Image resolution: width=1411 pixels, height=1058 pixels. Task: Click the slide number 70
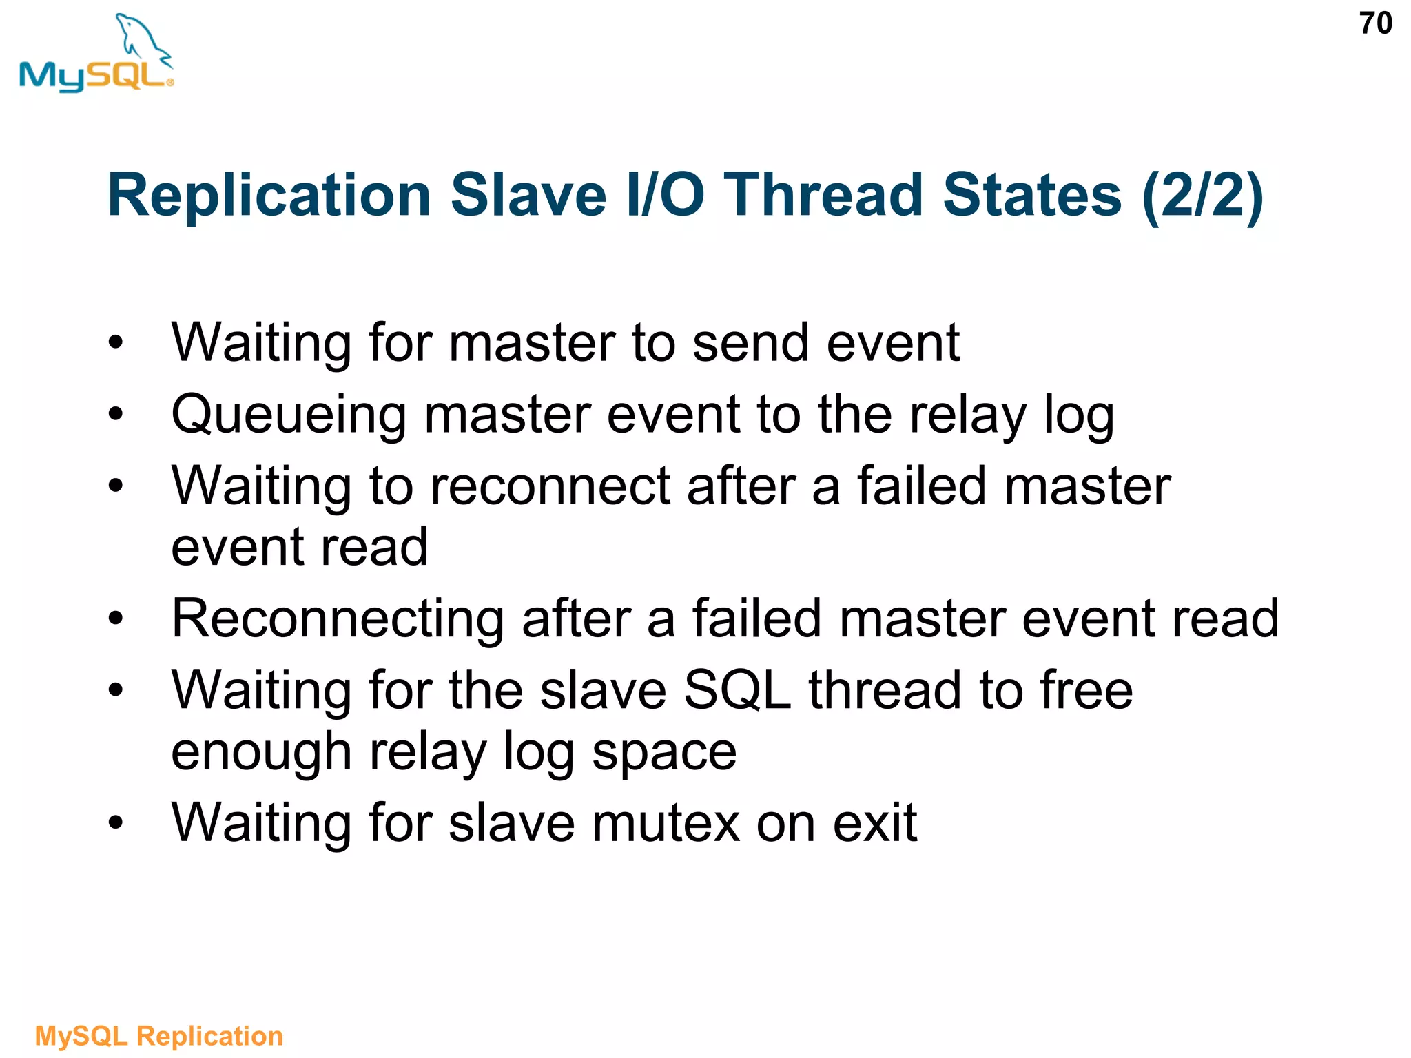(x=1375, y=24)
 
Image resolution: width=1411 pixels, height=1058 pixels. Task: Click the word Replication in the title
(x=269, y=196)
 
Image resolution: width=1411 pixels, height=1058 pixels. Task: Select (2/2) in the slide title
(x=1202, y=196)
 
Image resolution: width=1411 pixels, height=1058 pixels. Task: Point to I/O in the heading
(x=666, y=196)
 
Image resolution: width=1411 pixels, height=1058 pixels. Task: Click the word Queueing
(x=289, y=416)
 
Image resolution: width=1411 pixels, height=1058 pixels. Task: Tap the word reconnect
(x=550, y=486)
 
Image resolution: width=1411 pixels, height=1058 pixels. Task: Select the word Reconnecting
(x=338, y=619)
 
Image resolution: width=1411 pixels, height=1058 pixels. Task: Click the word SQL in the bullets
(x=737, y=690)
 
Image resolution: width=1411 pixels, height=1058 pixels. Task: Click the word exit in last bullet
(x=874, y=822)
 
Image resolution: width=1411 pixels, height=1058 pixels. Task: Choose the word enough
(x=261, y=752)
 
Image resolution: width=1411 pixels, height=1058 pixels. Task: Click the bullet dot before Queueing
(x=115, y=415)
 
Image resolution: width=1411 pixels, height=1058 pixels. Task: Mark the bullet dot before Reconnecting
(x=115, y=619)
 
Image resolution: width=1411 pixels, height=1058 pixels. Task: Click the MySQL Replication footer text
(x=159, y=1036)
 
